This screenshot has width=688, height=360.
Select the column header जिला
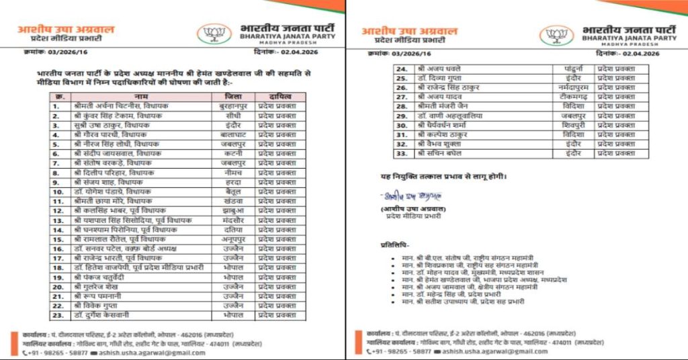[232, 97]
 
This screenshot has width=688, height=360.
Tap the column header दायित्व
[279, 97]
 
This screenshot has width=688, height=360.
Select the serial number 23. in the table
[59, 315]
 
